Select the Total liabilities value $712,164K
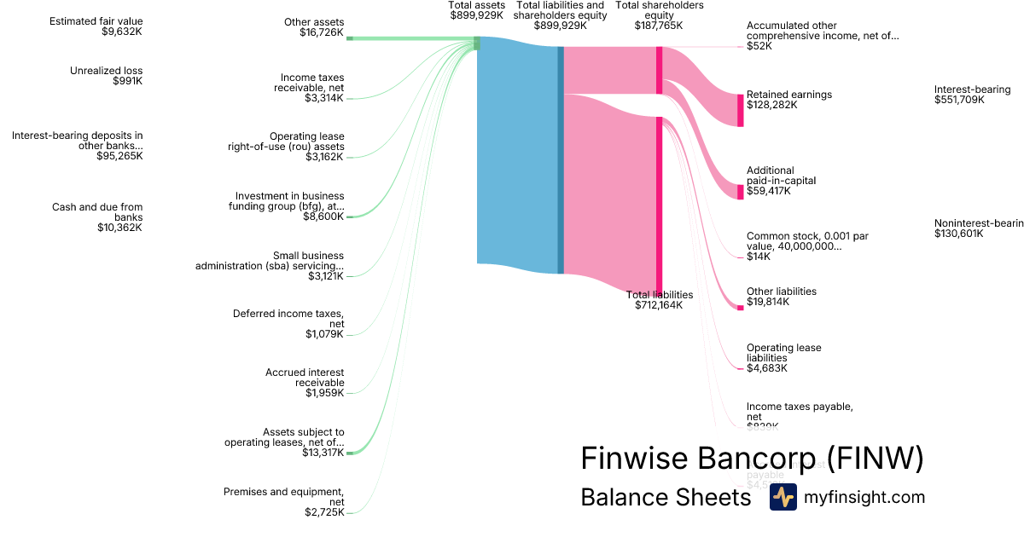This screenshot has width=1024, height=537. click(x=659, y=305)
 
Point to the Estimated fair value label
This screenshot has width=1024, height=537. click(x=96, y=21)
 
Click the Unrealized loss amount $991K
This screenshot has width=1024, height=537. click(x=127, y=81)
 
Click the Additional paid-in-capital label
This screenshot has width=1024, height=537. click(x=770, y=176)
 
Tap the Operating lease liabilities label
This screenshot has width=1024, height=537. click(x=783, y=353)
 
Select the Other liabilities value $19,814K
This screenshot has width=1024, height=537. click(x=768, y=302)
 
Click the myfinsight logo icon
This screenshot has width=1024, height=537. click(x=783, y=497)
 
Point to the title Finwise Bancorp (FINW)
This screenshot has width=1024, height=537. click(x=752, y=459)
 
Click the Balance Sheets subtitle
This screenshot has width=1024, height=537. click(x=666, y=497)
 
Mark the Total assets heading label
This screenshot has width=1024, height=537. click(x=477, y=5)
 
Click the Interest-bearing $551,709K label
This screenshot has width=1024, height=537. click(x=972, y=95)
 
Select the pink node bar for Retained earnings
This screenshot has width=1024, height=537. click(x=741, y=110)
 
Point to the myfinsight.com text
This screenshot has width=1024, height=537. click(x=864, y=497)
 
